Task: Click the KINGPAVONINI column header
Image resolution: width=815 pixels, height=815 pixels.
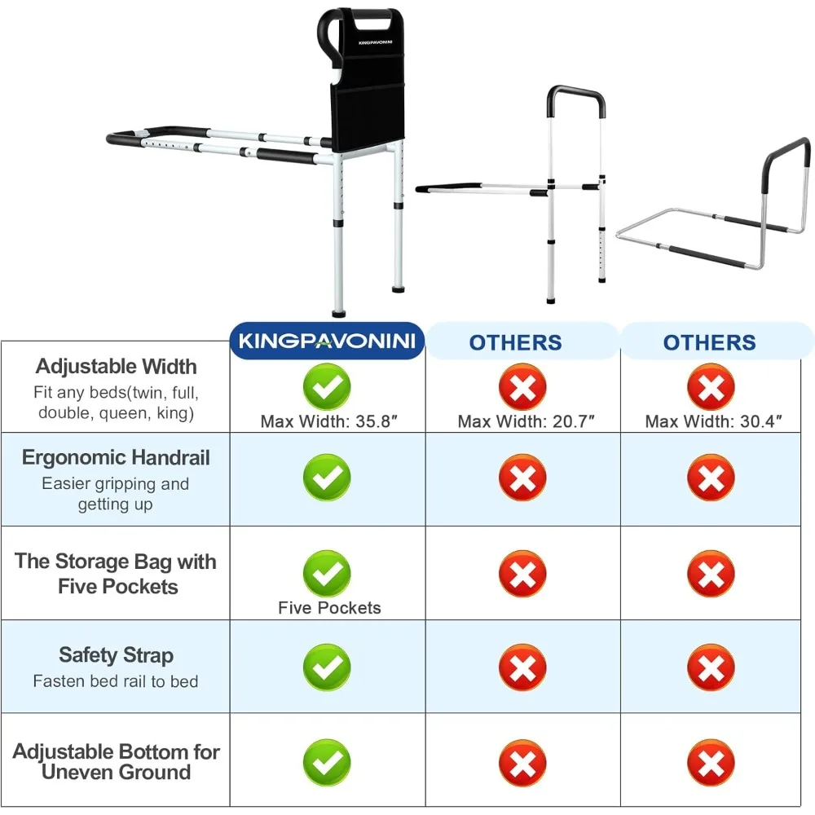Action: coord(328,341)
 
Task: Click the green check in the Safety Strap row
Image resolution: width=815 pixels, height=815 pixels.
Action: coord(327,667)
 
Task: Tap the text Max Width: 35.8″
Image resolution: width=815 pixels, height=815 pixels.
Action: coord(330,421)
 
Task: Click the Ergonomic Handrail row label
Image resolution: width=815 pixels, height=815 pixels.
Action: coord(116,458)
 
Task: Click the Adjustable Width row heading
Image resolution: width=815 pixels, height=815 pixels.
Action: coord(116,367)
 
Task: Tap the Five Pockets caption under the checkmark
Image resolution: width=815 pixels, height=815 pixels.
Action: coord(329,608)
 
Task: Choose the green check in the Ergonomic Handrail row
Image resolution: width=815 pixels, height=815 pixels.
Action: coord(327,478)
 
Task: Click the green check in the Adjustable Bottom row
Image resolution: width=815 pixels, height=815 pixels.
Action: coord(327,763)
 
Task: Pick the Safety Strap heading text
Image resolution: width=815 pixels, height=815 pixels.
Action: coord(116,655)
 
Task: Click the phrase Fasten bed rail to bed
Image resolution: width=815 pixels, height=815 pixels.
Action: coord(116,681)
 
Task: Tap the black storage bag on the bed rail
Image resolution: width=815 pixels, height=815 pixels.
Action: coord(367,90)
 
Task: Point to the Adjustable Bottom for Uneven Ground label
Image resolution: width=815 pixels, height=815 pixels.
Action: coord(116,761)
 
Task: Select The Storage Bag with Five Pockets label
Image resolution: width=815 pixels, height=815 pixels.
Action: coord(116,574)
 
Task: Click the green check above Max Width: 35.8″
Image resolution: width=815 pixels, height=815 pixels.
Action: coord(327,387)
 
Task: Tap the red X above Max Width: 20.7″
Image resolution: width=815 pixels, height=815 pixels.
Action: coord(522,387)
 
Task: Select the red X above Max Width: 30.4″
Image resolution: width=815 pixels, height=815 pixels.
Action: coord(711,387)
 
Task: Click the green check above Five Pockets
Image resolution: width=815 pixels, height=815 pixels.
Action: coord(327,574)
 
